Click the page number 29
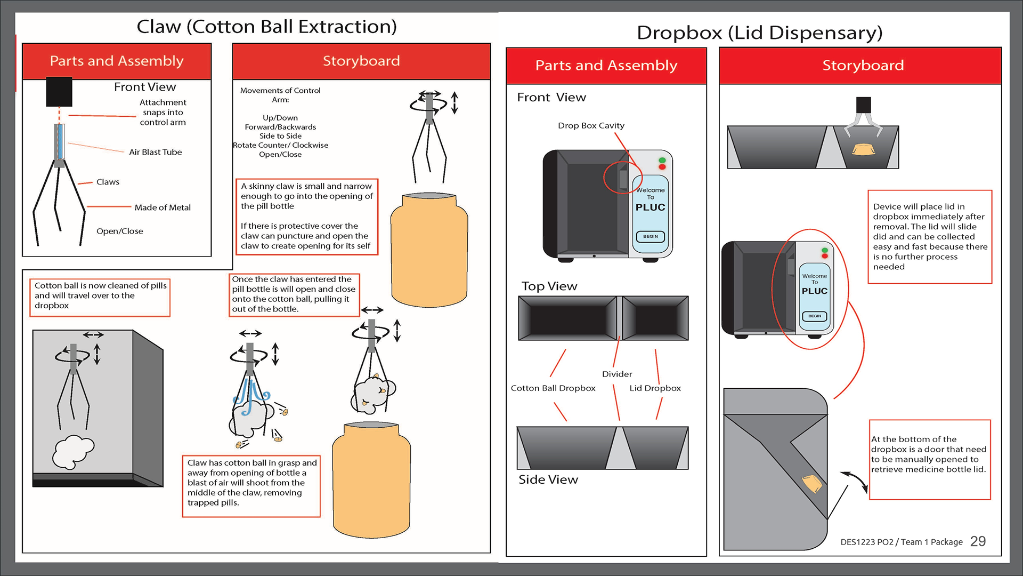(978, 541)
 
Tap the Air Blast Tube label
(155, 152)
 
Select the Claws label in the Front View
(108, 182)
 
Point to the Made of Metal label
(163, 207)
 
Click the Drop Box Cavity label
(591, 125)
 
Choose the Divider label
(617, 374)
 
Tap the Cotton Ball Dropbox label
(553, 388)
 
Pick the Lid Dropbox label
(655, 388)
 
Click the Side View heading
(548, 479)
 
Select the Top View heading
(549, 286)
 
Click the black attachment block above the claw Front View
(59, 92)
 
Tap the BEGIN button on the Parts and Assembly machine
(651, 236)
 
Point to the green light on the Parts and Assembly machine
(662, 160)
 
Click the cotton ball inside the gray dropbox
(73, 451)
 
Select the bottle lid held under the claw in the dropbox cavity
(864, 149)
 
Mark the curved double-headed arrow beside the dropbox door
(855, 481)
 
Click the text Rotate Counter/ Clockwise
(280, 145)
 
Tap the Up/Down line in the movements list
(280, 118)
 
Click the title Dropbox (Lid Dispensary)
(759, 33)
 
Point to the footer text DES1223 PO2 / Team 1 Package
(902, 542)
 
